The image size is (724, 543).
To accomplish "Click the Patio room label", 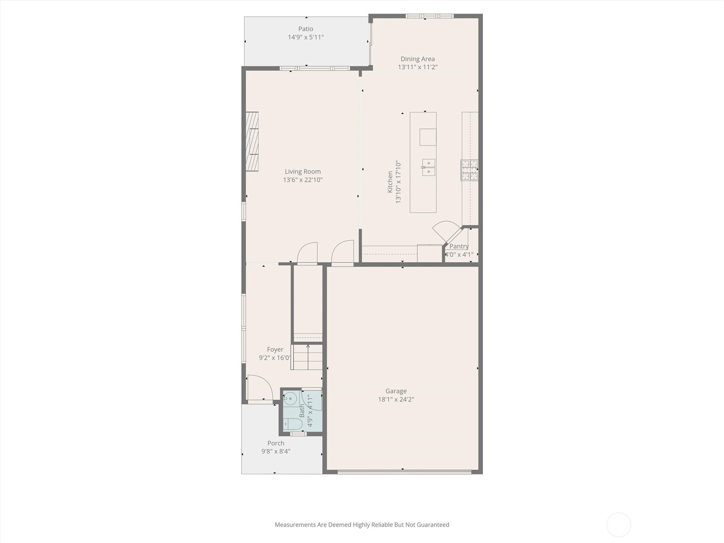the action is coord(306,29).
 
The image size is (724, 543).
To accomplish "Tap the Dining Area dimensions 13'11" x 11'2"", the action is coord(418,67).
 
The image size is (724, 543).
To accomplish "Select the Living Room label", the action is coord(303,172).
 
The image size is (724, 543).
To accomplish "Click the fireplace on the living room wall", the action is coord(252,142).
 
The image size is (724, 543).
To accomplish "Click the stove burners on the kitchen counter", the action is coord(469,170).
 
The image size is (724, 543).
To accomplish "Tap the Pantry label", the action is coord(459,246).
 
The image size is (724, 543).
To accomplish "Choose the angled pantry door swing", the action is coord(447,231).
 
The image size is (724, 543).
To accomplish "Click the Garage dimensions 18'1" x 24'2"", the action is coord(396,399).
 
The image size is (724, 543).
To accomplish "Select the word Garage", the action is coord(396,391).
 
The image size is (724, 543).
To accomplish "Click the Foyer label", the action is coord(275,349).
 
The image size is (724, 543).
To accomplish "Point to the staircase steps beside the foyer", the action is coord(307,357).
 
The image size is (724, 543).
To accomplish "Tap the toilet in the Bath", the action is coord(293,424).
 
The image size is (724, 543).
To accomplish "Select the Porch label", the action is coord(276,443).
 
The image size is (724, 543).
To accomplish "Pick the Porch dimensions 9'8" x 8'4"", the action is coord(276,451).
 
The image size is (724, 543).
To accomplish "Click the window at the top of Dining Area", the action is coord(429,16).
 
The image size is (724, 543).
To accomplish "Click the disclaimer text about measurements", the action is coord(362,524).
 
